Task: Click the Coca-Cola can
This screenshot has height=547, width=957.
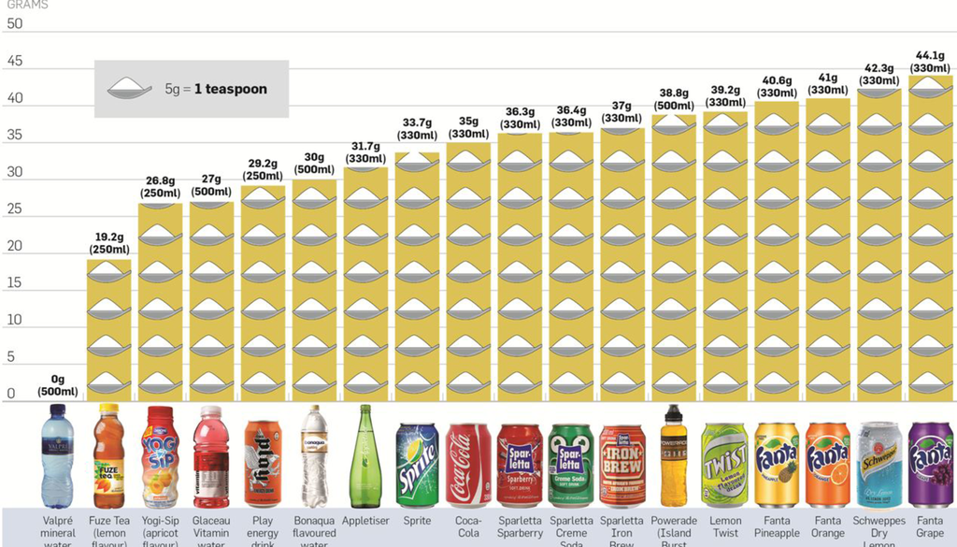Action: (468, 465)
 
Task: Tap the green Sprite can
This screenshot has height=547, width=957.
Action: (417, 465)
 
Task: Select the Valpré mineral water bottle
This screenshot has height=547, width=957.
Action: (57, 456)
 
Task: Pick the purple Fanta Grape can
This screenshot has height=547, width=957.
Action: (930, 465)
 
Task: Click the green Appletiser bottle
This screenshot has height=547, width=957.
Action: (365, 456)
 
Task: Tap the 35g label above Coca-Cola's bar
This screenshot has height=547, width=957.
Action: (468, 127)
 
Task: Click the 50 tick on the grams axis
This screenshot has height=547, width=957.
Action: (15, 24)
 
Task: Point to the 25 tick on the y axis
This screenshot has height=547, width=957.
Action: (15, 209)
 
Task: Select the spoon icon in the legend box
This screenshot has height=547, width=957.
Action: (129, 89)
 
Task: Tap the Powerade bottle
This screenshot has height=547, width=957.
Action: (674, 455)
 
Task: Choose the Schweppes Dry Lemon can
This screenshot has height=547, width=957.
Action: (879, 465)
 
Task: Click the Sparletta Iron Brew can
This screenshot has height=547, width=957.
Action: (622, 465)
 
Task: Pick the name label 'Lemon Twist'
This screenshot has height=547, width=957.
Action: (725, 526)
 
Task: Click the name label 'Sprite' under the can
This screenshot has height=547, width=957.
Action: (417, 521)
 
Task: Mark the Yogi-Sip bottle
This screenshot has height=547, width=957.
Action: (160, 456)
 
